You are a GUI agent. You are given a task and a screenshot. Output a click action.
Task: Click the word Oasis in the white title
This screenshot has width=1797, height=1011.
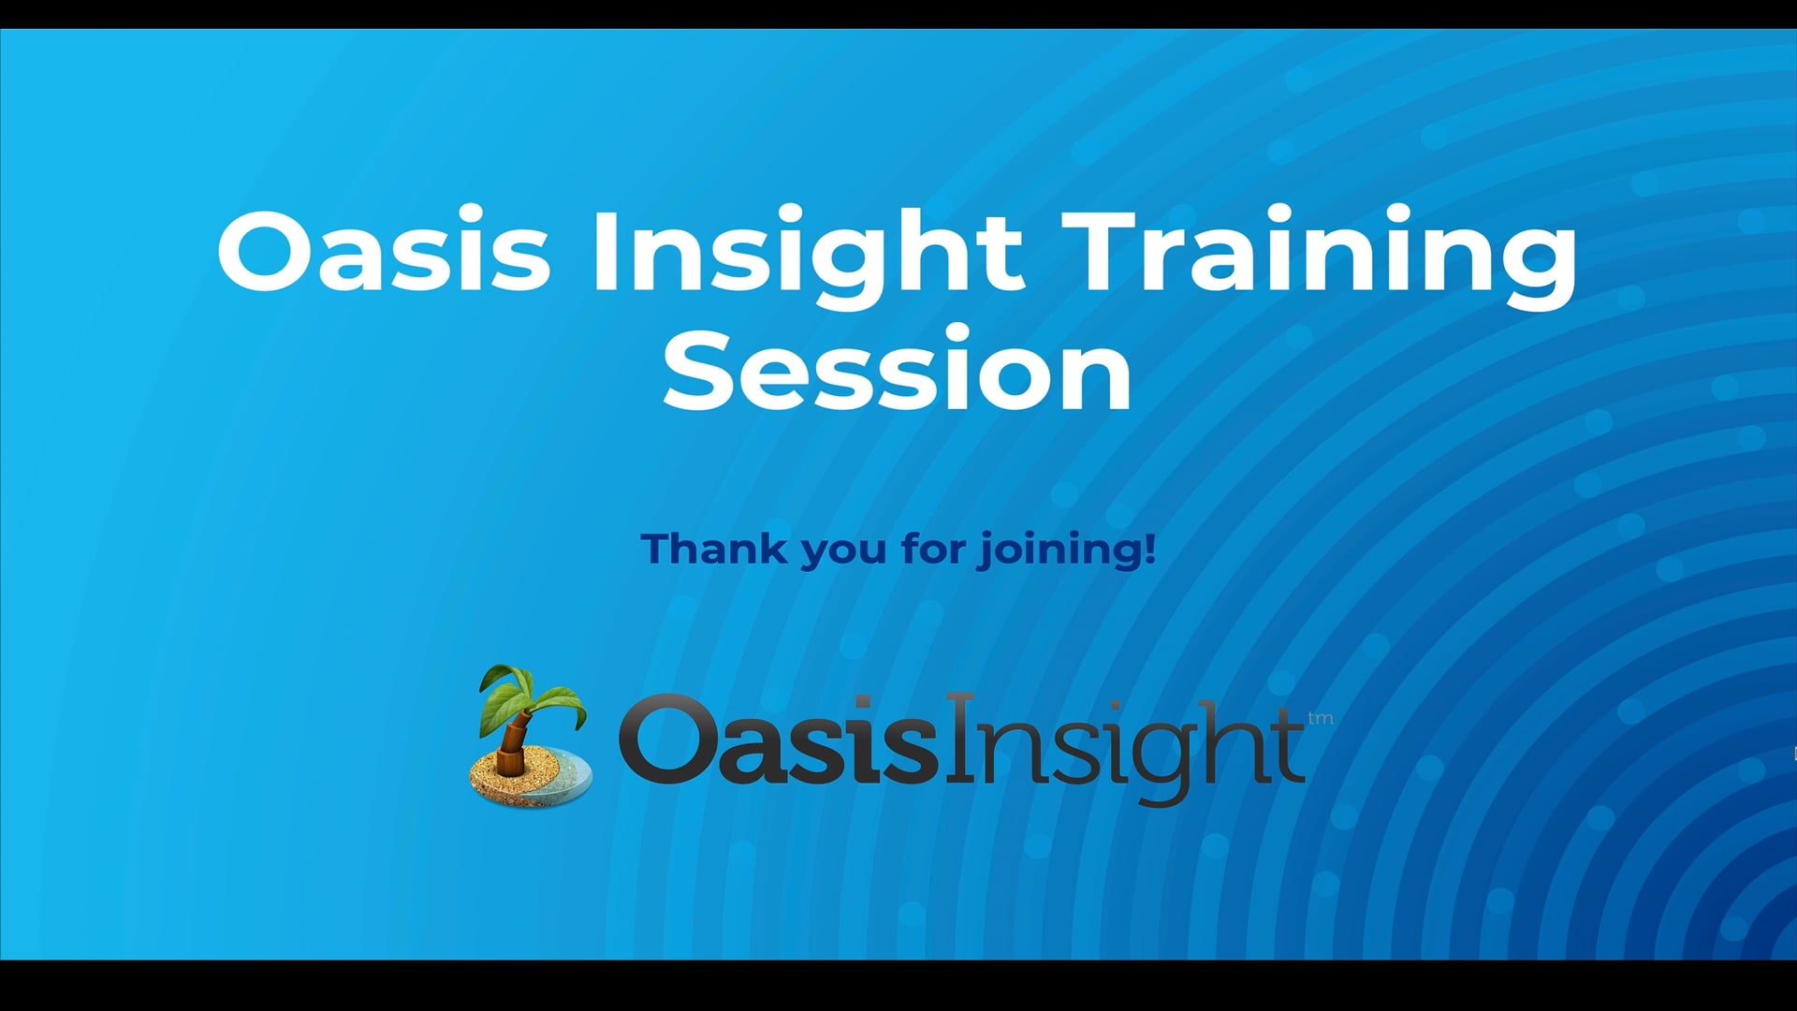[x=384, y=251]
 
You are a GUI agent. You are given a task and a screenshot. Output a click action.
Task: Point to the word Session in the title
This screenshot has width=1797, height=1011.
[x=898, y=370]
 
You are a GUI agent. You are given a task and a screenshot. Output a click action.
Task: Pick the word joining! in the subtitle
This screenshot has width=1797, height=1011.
[x=1068, y=550]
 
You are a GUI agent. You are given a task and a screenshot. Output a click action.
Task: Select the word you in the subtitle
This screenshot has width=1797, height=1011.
[x=843, y=553]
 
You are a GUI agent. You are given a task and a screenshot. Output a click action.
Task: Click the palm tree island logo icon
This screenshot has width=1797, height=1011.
[x=531, y=736]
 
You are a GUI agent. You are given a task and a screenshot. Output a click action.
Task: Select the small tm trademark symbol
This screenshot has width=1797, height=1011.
[x=1321, y=719]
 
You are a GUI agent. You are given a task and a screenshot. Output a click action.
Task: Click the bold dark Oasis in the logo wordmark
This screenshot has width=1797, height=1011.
[x=779, y=740]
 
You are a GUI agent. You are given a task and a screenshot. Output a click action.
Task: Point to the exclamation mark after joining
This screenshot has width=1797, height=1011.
[x=1151, y=548]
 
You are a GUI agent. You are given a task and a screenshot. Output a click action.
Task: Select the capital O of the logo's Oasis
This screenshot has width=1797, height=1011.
[x=665, y=740]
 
